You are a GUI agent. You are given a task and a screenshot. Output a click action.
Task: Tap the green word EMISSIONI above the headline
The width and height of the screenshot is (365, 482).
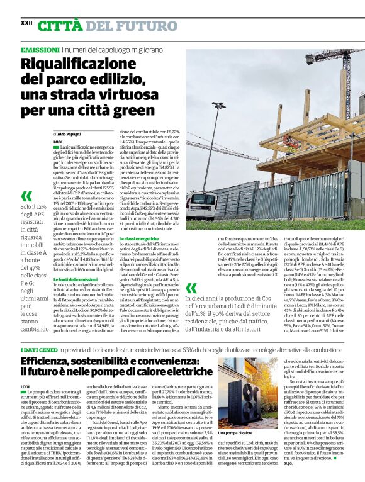click(x=40, y=49)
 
